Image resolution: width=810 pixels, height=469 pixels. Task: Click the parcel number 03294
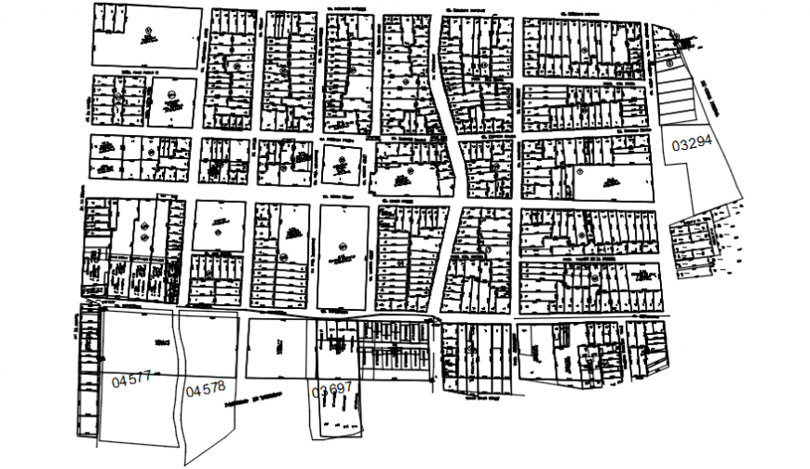click(x=692, y=143)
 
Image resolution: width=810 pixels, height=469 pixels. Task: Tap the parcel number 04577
click(x=130, y=380)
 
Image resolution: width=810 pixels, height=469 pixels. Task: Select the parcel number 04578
click(x=205, y=390)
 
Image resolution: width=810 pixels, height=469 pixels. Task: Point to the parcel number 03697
click(x=332, y=390)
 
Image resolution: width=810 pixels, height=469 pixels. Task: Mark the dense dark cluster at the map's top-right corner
click(x=686, y=41)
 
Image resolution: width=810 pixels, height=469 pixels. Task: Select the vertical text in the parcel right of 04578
click(x=278, y=344)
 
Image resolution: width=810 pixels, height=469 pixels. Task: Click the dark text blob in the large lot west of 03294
click(x=610, y=182)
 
